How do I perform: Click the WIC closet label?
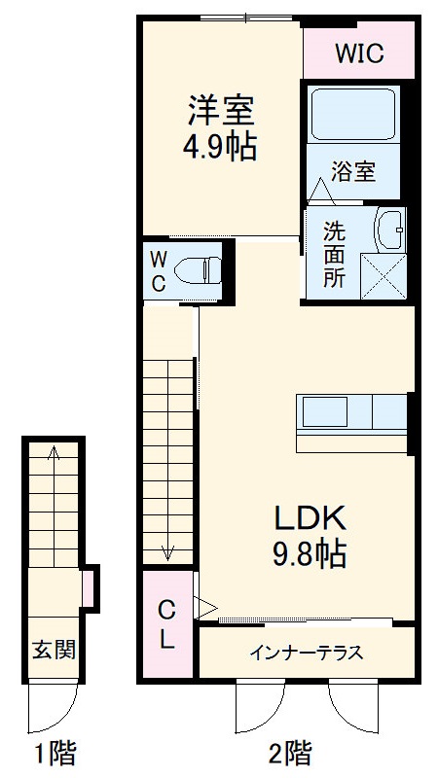359,53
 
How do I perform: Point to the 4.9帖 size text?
221,148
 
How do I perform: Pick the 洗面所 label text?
335,255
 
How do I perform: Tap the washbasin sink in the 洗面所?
390,230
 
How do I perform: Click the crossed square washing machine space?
383,275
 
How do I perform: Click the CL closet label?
167,625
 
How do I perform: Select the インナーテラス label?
308,653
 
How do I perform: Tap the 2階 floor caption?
289,752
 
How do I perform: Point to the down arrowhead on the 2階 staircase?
168,554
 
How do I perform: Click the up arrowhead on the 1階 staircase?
54,451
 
